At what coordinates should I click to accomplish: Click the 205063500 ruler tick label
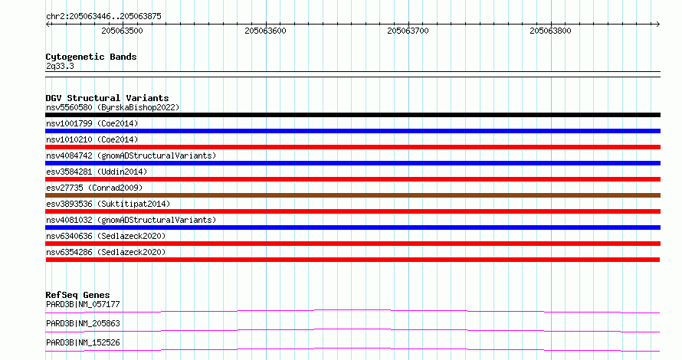(122, 31)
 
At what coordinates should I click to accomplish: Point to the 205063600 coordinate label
(265, 31)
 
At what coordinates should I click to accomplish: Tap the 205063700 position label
(408, 31)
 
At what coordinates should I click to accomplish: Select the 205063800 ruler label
(550, 31)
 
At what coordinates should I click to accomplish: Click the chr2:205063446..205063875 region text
(103, 17)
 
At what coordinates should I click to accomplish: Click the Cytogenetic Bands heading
(91, 57)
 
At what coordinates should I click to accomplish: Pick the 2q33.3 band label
(60, 66)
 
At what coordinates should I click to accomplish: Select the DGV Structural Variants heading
(107, 98)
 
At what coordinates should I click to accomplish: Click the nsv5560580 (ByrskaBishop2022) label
(113, 107)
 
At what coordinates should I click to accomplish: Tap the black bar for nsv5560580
(352, 115)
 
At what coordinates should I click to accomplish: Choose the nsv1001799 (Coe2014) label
(92, 123)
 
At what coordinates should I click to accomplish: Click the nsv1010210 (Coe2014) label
(92, 139)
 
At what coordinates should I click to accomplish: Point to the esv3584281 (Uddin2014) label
(97, 172)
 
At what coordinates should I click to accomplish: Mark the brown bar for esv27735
(352, 195)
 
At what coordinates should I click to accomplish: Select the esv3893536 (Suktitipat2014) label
(108, 204)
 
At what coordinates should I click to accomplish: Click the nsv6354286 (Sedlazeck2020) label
(106, 252)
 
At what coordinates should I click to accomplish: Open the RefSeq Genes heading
(77, 295)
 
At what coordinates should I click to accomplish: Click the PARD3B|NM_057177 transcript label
(83, 304)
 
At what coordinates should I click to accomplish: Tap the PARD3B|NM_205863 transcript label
(83, 323)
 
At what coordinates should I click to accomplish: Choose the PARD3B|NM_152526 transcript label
(83, 342)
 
